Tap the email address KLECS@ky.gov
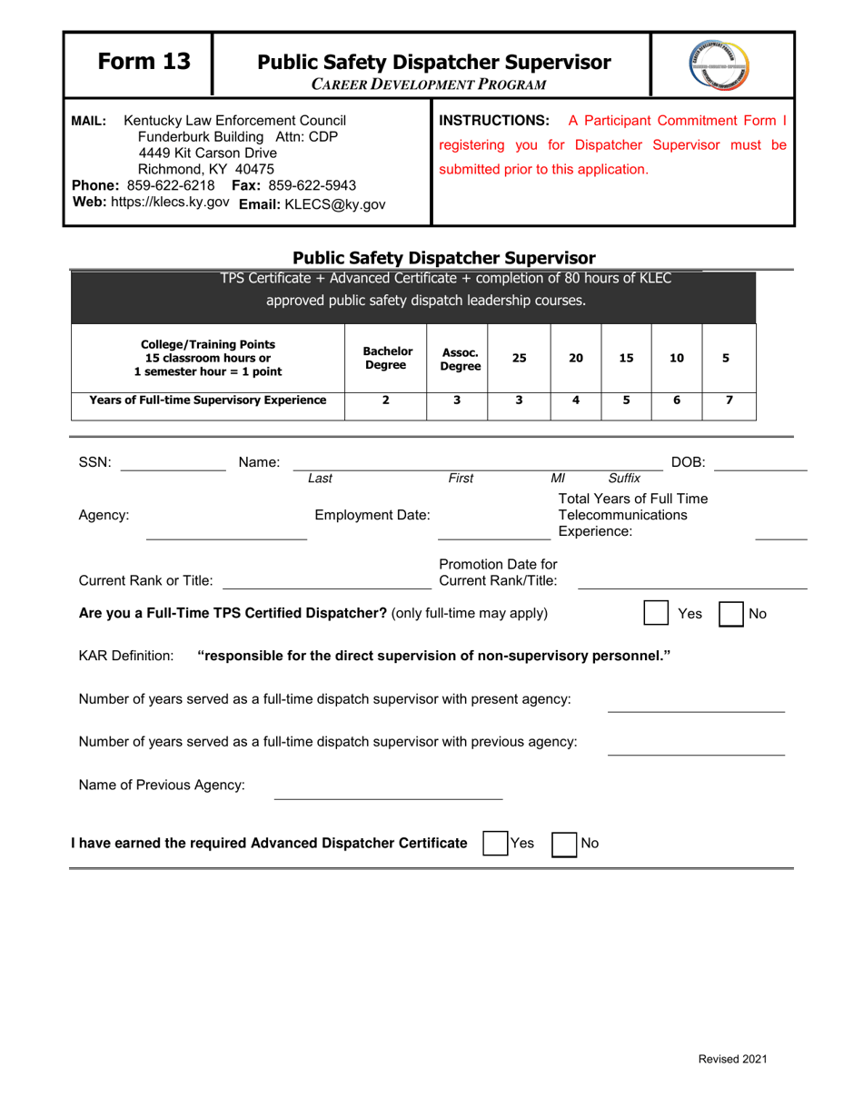pyautogui.click(x=309, y=204)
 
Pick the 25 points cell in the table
pyautogui.click(x=519, y=358)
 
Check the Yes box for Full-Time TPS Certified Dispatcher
pyautogui.click(x=657, y=614)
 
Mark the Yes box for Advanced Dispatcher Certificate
pyautogui.click(x=496, y=843)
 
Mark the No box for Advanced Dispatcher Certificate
pyautogui.click(x=566, y=843)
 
